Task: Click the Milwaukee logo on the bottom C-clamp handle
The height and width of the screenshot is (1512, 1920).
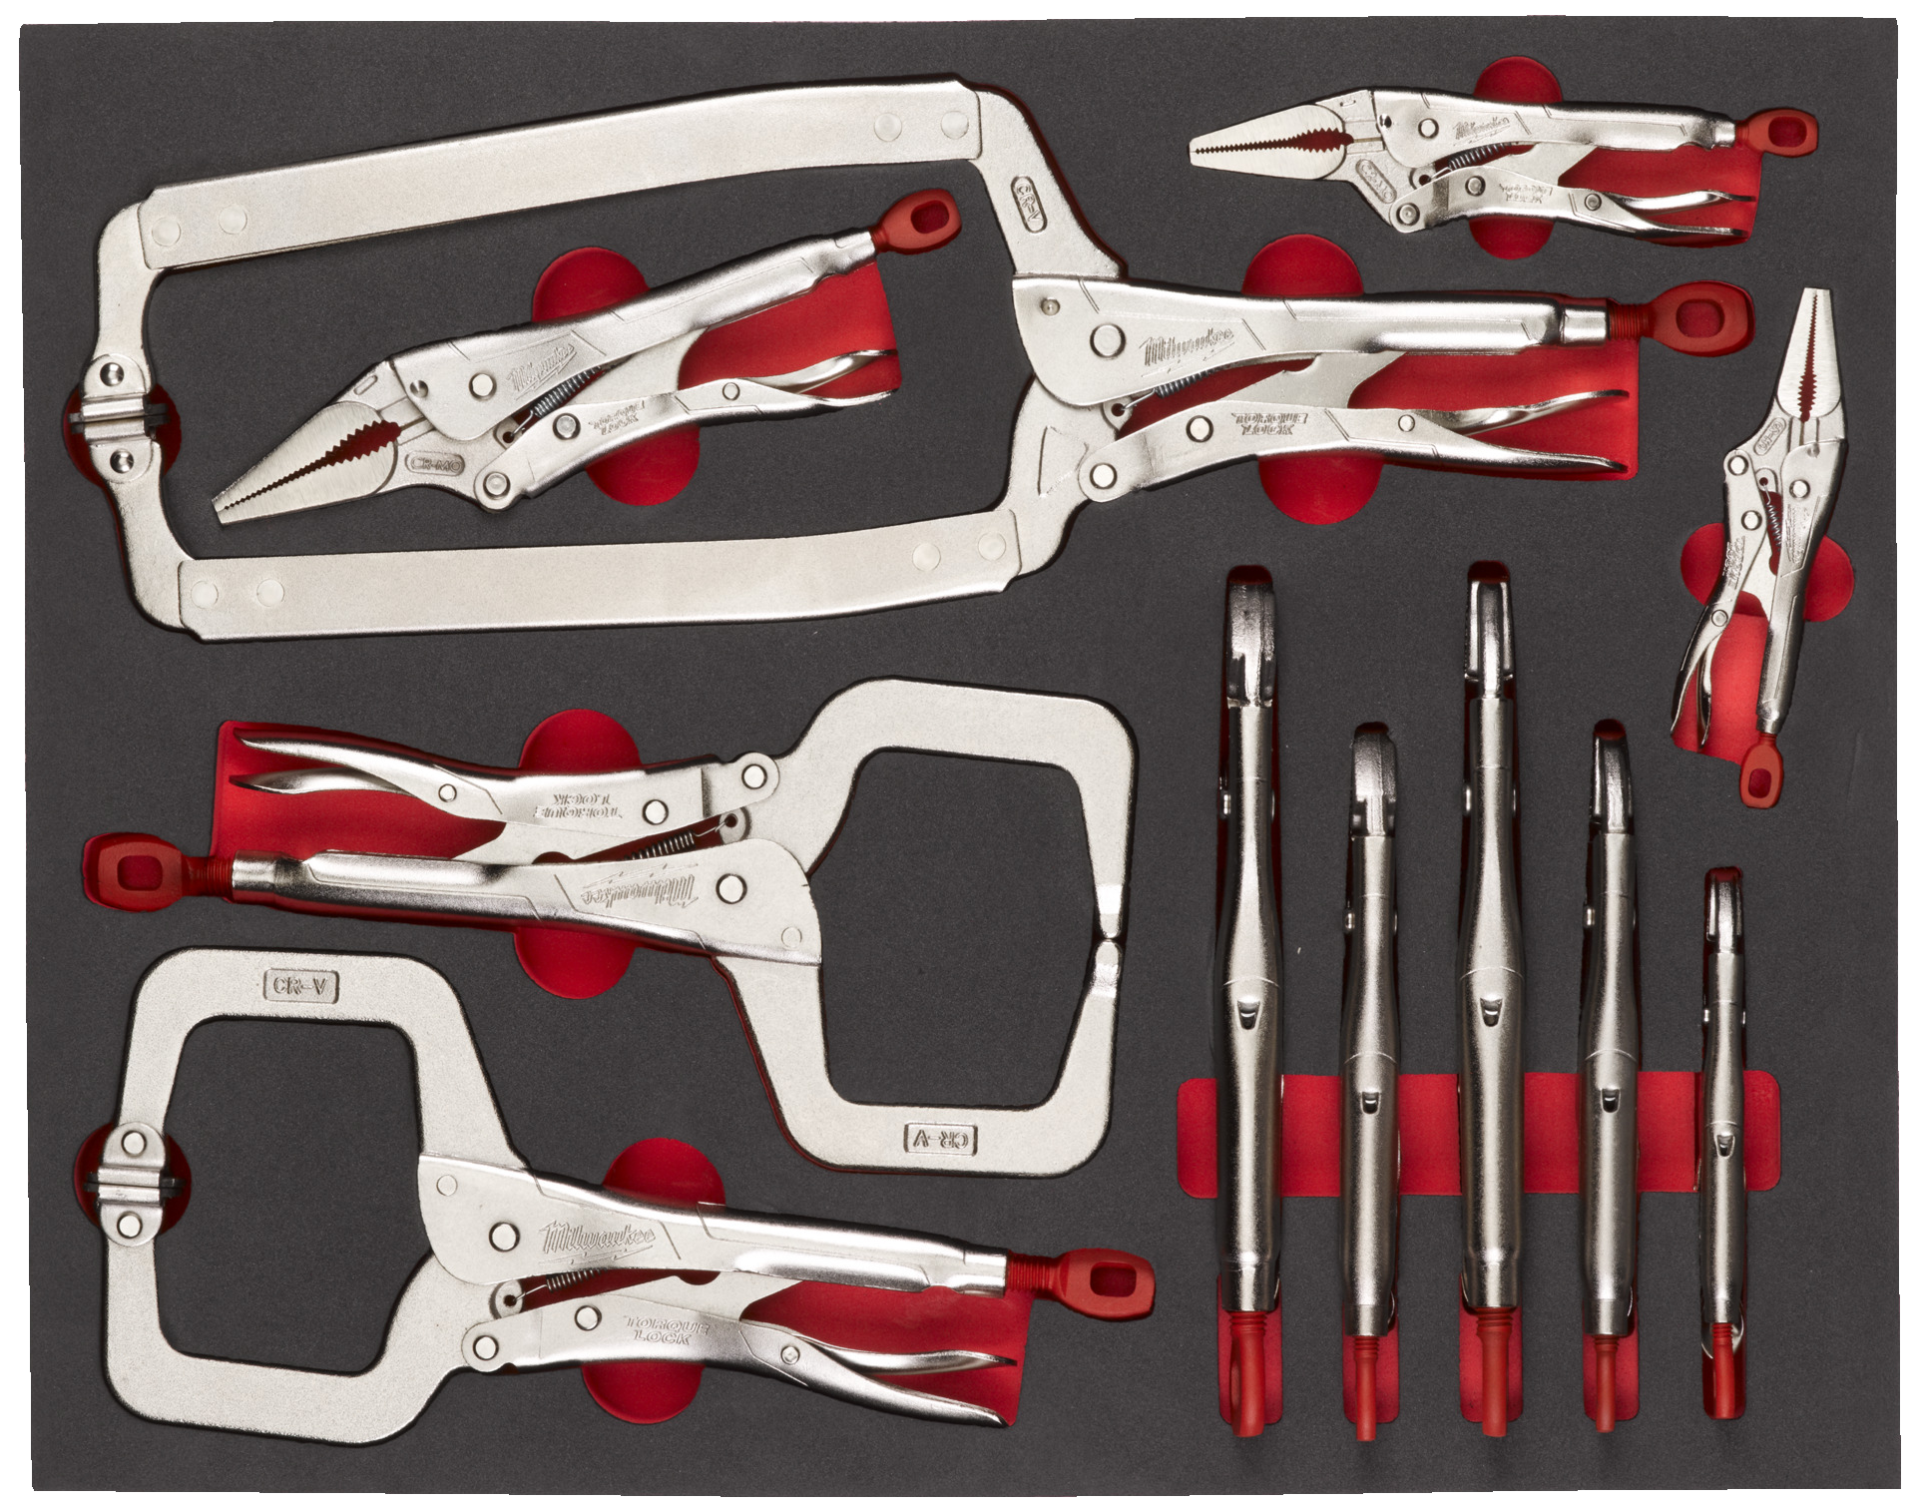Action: pyautogui.click(x=598, y=1238)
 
